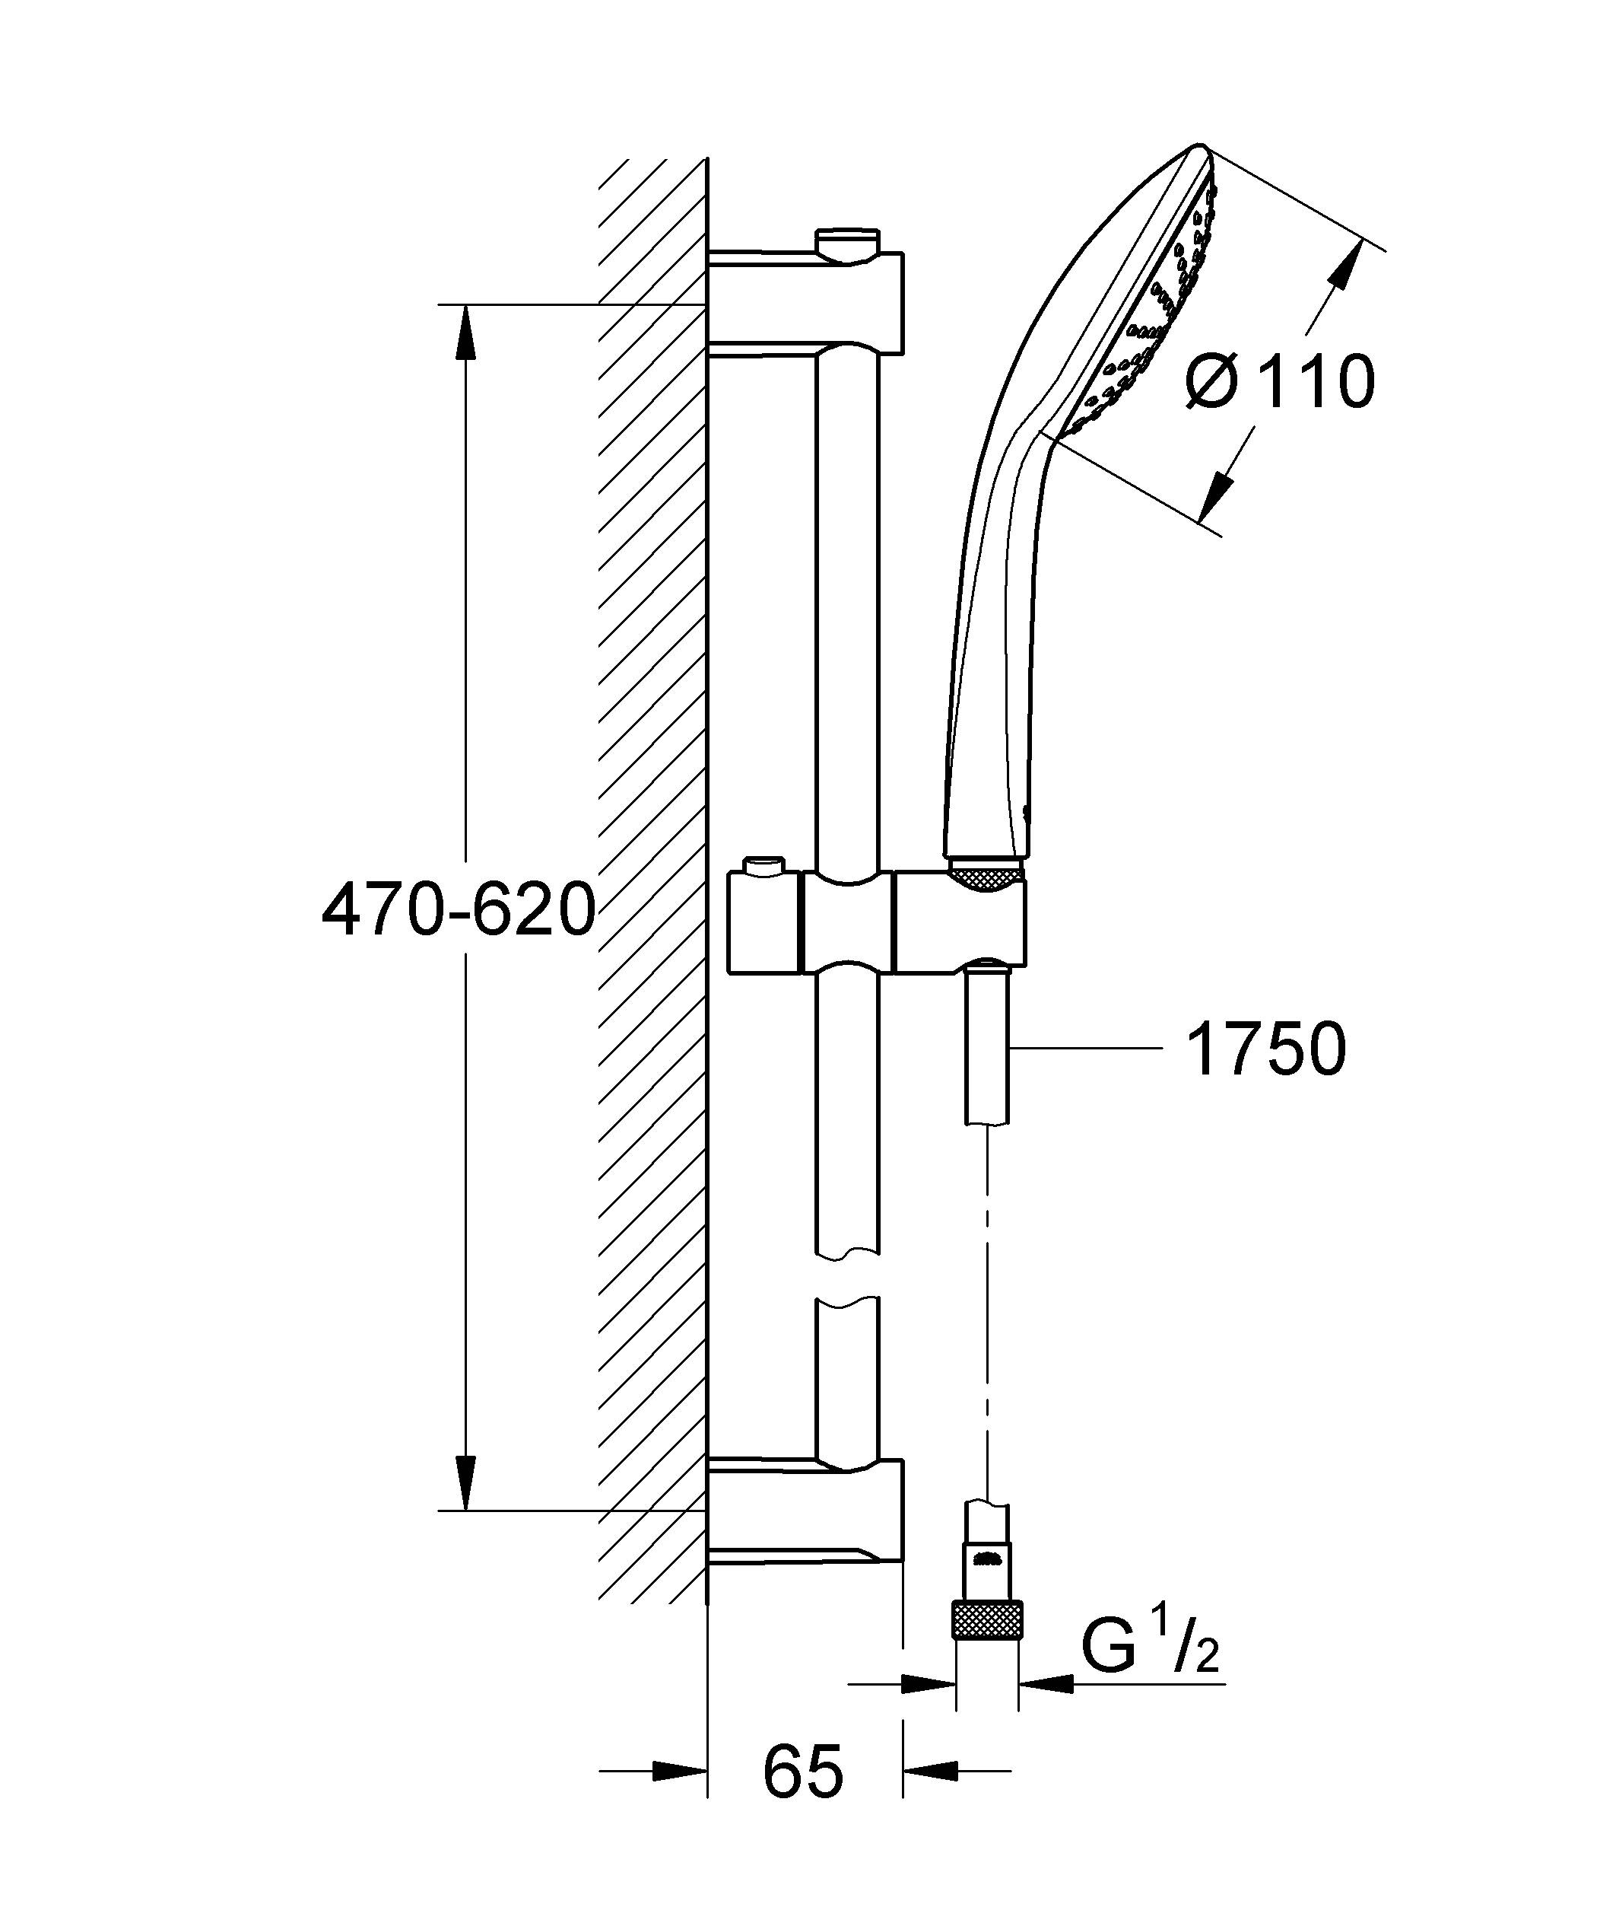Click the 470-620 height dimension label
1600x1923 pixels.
coord(459,911)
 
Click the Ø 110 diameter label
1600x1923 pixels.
coord(1280,382)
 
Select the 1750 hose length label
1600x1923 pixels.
coord(1266,1049)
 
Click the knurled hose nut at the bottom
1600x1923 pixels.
coord(988,1620)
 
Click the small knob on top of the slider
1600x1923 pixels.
coord(764,864)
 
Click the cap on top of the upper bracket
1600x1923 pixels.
coord(849,244)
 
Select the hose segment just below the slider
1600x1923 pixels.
coord(988,1044)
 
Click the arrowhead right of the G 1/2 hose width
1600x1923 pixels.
coord(1043,1683)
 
